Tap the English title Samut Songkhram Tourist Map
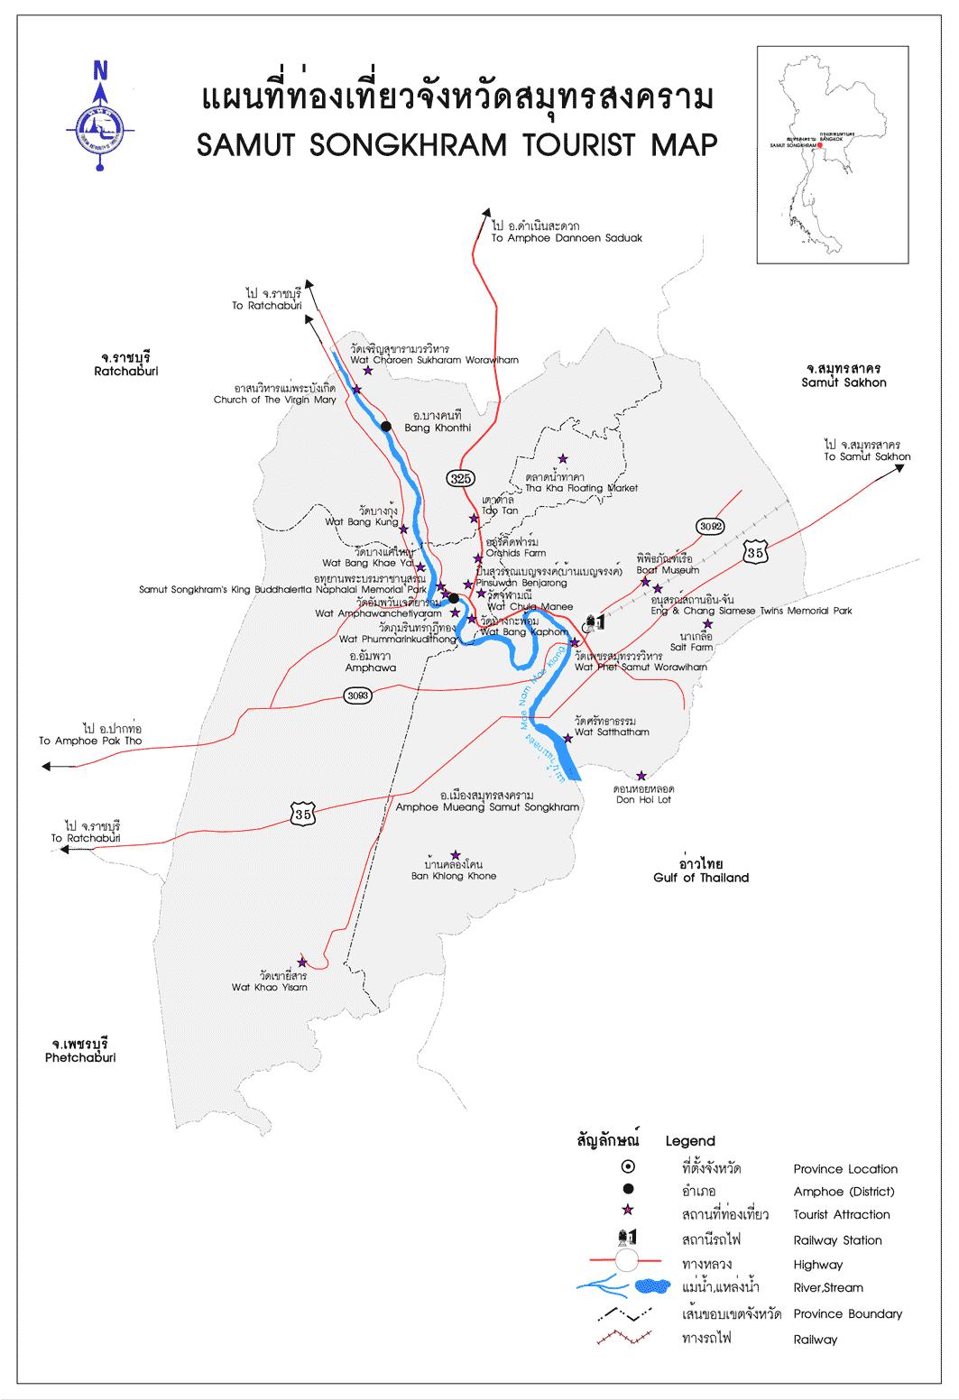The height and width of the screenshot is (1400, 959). point(457,143)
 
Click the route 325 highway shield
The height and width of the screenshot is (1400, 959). point(460,477)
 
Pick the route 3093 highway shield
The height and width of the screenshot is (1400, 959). point(358,695)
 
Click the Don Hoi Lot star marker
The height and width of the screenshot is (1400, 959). point(641,776)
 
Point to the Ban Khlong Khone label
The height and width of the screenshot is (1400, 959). point(453,875)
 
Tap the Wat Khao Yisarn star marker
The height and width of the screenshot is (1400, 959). point(302,962)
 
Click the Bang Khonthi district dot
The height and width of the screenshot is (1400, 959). point(386,426)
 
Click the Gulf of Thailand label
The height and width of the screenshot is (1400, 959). point(701,877)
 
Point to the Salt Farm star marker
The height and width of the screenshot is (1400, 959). point(707,624)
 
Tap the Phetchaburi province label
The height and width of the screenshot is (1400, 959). point(80,1057)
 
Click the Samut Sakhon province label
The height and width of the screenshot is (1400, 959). point(844,382)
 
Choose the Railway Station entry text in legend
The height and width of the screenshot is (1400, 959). point(837,1240)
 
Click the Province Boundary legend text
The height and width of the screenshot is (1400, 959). point(847,1313)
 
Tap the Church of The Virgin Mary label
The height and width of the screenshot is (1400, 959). point(274,400)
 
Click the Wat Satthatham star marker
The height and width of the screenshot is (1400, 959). point(567,738)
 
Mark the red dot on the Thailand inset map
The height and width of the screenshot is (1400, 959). point(820,144)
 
